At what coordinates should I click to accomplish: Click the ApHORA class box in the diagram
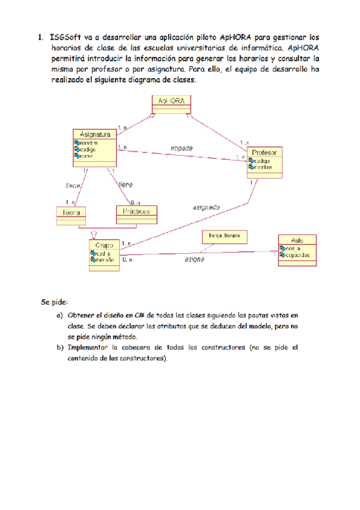coord(171,103)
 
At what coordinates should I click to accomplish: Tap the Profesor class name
coord(264,153)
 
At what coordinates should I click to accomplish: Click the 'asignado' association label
coord(206,207)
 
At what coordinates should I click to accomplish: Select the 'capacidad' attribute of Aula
coord(298,256)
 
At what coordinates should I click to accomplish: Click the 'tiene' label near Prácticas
coord(126,185)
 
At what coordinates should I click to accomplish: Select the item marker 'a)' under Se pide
coord(59,315)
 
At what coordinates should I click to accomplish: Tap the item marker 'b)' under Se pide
coord(59,348)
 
